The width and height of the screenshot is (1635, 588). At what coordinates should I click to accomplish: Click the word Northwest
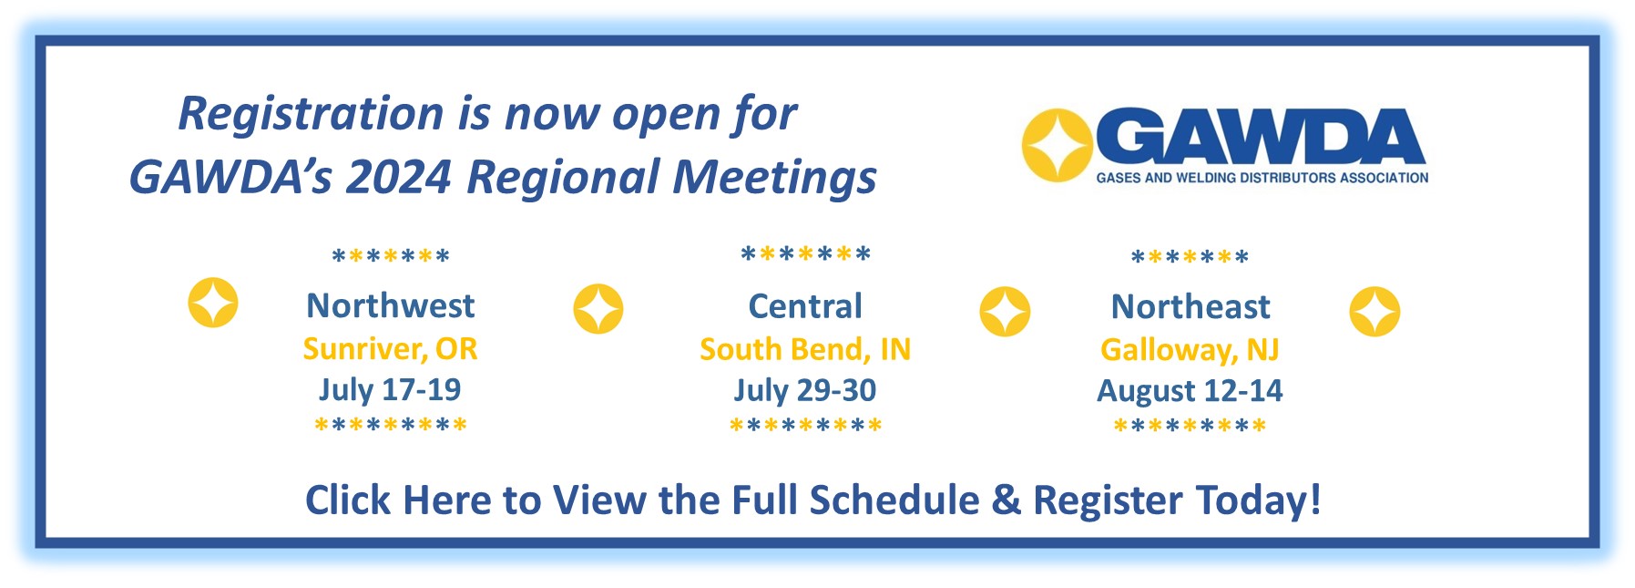coord(390,305)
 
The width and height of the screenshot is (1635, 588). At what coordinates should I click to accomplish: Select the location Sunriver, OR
coord(390,349)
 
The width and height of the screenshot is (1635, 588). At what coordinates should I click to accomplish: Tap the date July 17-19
coord(390,390)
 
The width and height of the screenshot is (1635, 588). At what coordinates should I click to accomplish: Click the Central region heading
coord(805,306)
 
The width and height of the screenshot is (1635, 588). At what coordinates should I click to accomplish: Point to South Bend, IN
coord(805,349)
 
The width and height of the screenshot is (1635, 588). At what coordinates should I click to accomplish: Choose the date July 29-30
coord(805,390)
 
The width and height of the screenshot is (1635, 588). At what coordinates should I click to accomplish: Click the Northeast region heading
coord(1190,307)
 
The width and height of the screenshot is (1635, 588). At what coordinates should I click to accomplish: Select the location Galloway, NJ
coord(1190,350)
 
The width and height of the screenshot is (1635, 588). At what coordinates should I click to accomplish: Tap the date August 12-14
coord(1190,391)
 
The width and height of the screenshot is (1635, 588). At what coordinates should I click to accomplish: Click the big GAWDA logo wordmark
coord(1261,139)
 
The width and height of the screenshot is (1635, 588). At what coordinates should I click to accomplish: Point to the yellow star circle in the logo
coord(1057,146)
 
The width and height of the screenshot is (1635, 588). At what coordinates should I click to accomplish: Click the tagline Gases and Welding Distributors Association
coord(1262,179)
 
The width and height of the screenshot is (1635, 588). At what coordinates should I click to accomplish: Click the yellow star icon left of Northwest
coord(213,303)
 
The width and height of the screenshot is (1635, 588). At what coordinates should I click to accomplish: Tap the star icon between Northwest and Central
coord(598,309)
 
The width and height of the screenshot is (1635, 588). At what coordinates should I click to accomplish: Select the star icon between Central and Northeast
coord(1005,312)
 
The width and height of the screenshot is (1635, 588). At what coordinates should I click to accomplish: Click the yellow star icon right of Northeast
coord(1374,312)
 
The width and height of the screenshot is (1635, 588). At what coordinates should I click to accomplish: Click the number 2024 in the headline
coord(399,177)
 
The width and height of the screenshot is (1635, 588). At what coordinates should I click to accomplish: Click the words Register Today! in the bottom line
coord(1177,500)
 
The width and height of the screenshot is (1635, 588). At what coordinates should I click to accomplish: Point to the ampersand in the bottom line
coord(1006,500)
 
